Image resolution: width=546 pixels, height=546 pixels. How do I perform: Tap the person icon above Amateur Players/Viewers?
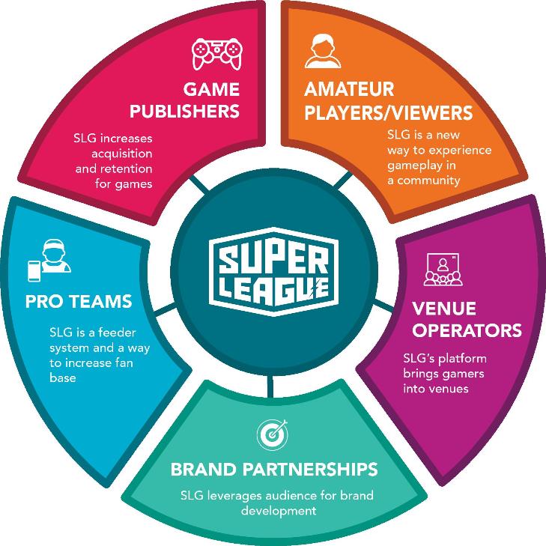(318, 52)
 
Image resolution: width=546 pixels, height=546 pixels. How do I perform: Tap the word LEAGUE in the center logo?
(273, 288)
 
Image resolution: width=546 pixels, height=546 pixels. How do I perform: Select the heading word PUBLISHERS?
(184, 112)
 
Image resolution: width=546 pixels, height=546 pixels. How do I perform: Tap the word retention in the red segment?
(124, 169)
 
